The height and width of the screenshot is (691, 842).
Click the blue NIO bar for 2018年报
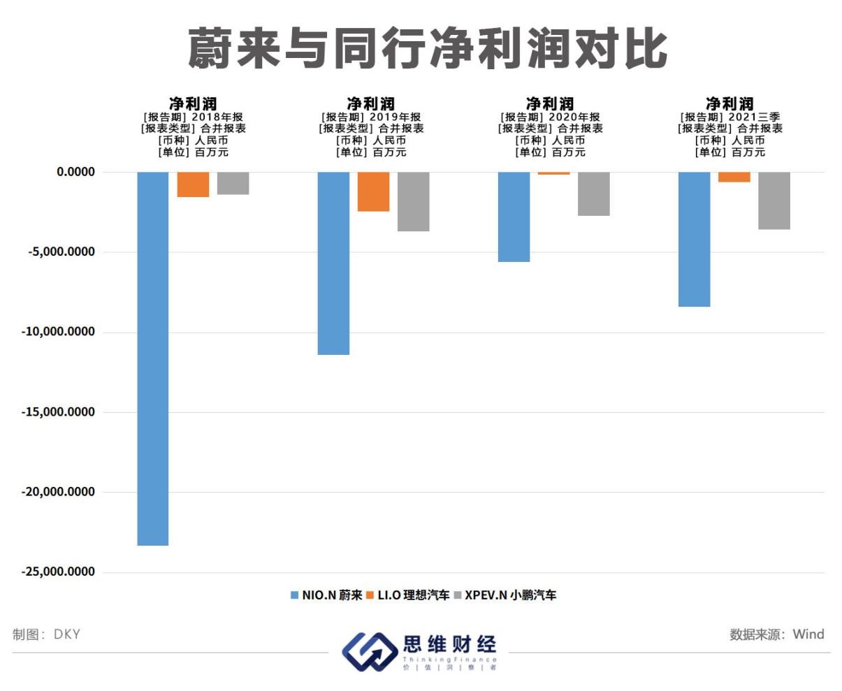tap(152, 358)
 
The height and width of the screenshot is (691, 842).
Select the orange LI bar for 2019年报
tap(373, 191)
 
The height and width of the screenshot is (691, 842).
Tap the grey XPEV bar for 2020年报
tap(593, 194)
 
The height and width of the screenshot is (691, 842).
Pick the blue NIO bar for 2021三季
tap(695, 239)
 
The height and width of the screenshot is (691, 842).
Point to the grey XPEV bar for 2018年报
tap(233, 183)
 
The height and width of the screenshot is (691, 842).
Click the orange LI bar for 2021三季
tap(734, 177)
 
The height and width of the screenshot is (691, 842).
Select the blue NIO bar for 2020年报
tap(514, 217)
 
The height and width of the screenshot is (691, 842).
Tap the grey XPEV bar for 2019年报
tap(413, 201)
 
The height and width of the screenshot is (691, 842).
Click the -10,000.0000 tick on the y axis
tap(57, 332)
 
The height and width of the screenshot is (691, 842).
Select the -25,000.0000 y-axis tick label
tap(57, 572)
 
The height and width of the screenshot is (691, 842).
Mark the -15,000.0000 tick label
tap(57, 412)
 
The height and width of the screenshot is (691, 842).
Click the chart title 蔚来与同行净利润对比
tap(427, 50)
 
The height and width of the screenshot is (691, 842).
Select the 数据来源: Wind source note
tap(776, 634)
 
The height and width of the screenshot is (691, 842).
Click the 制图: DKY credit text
tap(46, 634)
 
